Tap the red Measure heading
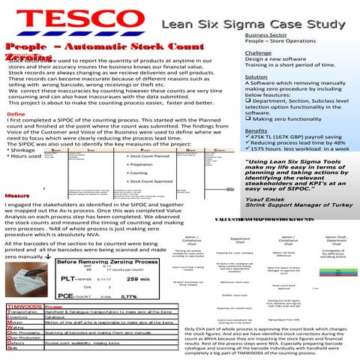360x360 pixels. pyautogui.click(x=19, y=196)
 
